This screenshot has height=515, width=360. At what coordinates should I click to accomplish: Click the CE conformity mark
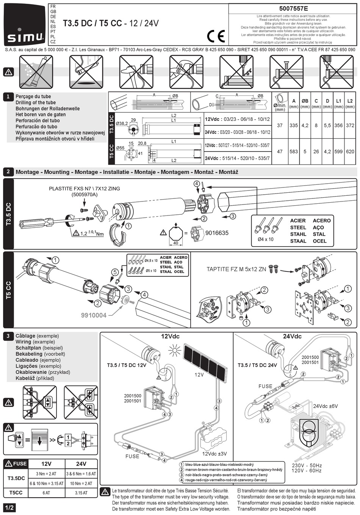[x=216, y=36]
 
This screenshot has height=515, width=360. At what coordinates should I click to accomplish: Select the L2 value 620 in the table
[x=350, y=151]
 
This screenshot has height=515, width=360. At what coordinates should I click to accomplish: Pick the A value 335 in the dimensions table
[x=294, y=125]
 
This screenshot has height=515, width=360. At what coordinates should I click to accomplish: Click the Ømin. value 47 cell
[x=280, y=151]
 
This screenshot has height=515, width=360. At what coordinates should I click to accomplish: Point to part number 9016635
[x=217, y=233]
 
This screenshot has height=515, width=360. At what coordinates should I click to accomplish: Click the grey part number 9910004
[x=94, y=315]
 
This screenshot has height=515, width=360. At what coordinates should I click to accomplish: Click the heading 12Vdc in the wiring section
[x=170, y=336]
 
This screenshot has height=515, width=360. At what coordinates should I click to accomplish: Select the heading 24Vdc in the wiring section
[x=292, y=336]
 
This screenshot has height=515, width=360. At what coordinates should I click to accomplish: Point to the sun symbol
[x=175, y=350]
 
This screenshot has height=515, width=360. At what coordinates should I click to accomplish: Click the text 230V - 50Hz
[x=307, y=465]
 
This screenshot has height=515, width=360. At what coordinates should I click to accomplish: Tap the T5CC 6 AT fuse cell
[x=46, y=493]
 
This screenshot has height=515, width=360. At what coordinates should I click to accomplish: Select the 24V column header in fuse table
[x=81, y=463]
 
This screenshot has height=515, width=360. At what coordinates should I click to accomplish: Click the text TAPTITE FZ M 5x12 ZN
[x=236, y=269]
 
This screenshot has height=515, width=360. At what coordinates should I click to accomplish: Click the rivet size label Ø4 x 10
[x=265, y=239]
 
